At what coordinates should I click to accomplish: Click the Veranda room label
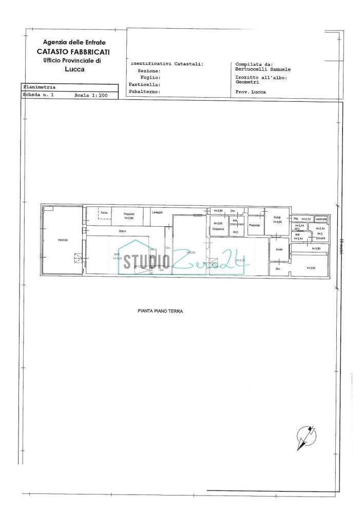tap(63, 240)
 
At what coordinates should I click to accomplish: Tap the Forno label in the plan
tap(104, 212)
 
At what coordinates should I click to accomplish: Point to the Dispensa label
tap(218, 229)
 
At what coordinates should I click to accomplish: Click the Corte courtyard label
tap(279, 249)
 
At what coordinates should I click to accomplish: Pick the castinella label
tap(321, 218)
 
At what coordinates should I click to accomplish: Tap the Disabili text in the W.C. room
tap(320, 238)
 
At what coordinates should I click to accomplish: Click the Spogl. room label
tap(277, 217)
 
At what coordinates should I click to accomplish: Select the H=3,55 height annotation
tap(311, 268)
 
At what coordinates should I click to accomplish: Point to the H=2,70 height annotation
tap(307, 218)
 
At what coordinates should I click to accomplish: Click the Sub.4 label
tap(122, 231)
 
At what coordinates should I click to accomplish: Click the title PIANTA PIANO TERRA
tap(160, 311)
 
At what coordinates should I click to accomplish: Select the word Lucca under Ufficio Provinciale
tap(75, 69)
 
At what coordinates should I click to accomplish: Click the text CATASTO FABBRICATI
tap(73, 52)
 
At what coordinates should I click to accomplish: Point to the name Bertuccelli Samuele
tap(263, 69)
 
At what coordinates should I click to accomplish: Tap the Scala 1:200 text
tap(91, 96)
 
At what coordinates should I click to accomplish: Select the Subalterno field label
tap(145, 91)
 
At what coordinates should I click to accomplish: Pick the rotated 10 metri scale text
tap(342, 246)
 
